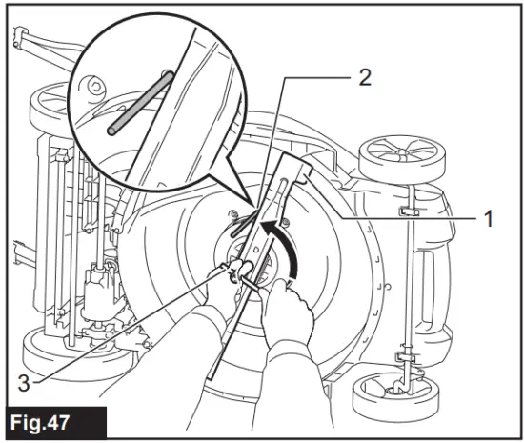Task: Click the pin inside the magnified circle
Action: pyautogui.click(x=139, y=103)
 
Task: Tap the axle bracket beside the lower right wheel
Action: pyautogui.click(x=411, y=363)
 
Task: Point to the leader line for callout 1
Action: pyautogui.click(x=400, y=218)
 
